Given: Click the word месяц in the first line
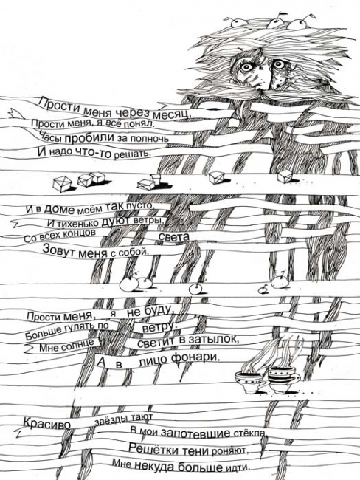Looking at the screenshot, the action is (172, 114).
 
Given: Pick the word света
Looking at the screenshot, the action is (174, 236).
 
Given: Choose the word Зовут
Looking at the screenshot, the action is (59, 250).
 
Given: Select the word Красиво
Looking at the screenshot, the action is (47, 423).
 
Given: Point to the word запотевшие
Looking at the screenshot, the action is (195, 433).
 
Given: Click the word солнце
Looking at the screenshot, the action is (79, 345).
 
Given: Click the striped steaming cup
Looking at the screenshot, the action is (281, 380).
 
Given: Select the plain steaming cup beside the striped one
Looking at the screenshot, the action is (249, 382).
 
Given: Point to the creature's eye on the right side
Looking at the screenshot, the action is (278, 64).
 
